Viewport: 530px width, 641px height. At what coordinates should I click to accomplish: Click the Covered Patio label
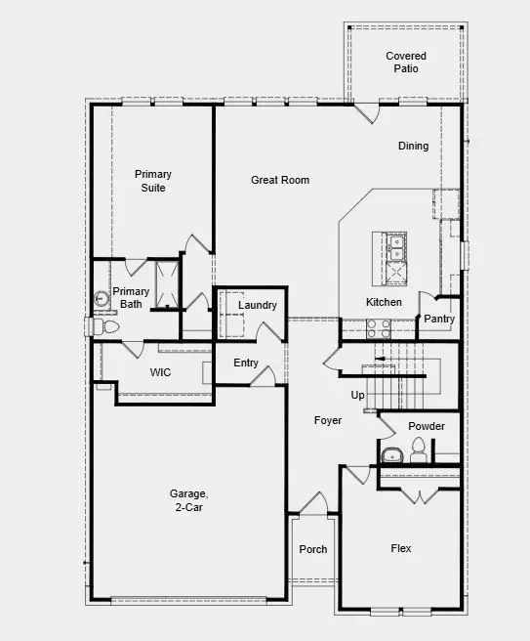[406, 63]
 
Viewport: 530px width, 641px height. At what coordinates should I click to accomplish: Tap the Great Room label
[280, 180]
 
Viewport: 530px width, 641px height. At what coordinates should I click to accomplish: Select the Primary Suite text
[152, 181]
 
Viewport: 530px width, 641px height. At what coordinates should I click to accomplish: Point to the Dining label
[413, 147]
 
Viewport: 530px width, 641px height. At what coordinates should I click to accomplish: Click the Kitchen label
[384, 302]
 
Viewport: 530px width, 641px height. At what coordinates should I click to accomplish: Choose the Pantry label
[439, 319]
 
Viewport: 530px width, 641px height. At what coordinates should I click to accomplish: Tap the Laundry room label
[258, 306]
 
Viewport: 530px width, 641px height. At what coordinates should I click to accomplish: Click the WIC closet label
[160, 372]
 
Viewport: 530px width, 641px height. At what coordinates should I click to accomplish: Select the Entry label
[246, 363]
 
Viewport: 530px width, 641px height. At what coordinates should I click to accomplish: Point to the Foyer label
[327, 420]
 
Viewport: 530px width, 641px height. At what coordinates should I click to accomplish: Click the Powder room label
[427, 426]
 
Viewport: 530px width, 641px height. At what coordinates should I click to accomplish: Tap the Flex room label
[401, 549]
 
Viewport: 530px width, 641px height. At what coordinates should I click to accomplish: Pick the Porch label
[312, 549]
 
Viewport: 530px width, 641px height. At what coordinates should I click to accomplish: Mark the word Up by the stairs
[357, 395]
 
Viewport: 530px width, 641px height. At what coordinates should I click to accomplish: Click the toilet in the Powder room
[419, 450]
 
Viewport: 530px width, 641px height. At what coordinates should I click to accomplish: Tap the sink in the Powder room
[391, 454]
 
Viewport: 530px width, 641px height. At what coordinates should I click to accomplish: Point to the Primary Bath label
[131, 298]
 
